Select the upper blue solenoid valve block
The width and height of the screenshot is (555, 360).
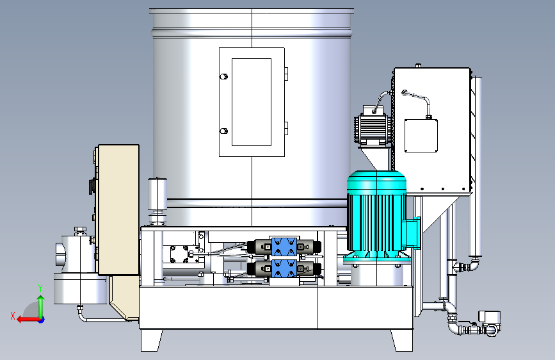click(x=284, y=247)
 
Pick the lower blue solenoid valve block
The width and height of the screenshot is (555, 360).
click(x=284, y=269)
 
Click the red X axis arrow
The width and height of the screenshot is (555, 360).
click(x=28, y=320)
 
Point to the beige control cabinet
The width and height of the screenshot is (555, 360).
click(x=118, y=209)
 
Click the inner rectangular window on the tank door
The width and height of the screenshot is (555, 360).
click(x=252, y=102)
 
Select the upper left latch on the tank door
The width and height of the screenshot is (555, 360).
click(x=223, y=76)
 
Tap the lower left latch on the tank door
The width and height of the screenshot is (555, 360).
click(x=223, y=131)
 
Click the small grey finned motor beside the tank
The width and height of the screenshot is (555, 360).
click(x=373, y=126)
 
